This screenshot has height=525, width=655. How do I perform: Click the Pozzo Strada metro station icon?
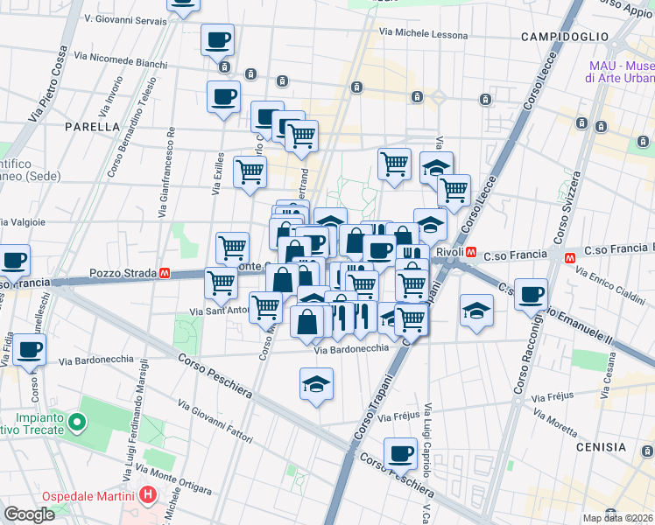tap(164, 273)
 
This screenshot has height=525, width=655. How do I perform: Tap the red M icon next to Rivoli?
tap(471, 253)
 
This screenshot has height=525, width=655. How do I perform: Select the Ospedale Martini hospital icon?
tap(148, 495)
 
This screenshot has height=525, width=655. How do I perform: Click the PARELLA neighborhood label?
tap(92, 126)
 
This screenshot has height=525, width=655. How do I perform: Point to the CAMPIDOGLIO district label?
tap(564, 37)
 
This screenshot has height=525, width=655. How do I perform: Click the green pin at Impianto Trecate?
tap(77, 424)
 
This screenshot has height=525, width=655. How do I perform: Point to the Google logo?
tap(29, 514)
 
